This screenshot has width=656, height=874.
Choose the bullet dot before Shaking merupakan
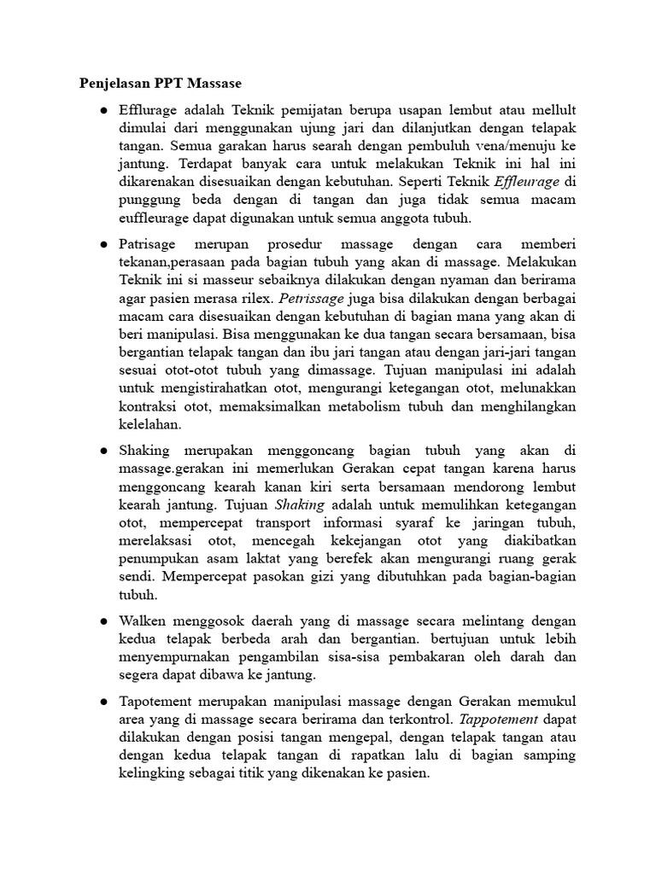[x=103, y=451]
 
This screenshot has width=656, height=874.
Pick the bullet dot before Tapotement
[x=103, y=701]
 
